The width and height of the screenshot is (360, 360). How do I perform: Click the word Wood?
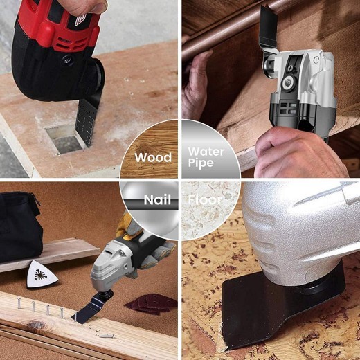[x=153, y=157]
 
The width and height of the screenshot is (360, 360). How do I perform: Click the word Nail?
[x=156, y=201]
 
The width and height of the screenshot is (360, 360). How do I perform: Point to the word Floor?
[x=206, y=201]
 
